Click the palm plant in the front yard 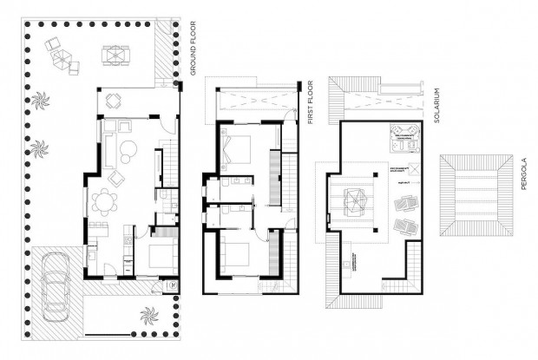click(147, 311)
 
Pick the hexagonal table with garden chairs click(62, 58)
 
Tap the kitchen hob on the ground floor click(128, 234)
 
